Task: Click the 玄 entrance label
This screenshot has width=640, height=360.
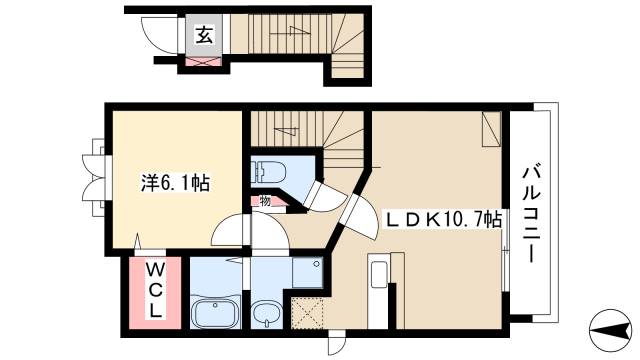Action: (x=202, y=36)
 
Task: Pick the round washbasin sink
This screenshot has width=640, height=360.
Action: (x=266, y=315)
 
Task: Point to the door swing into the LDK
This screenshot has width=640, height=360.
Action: (x=354, y=210)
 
